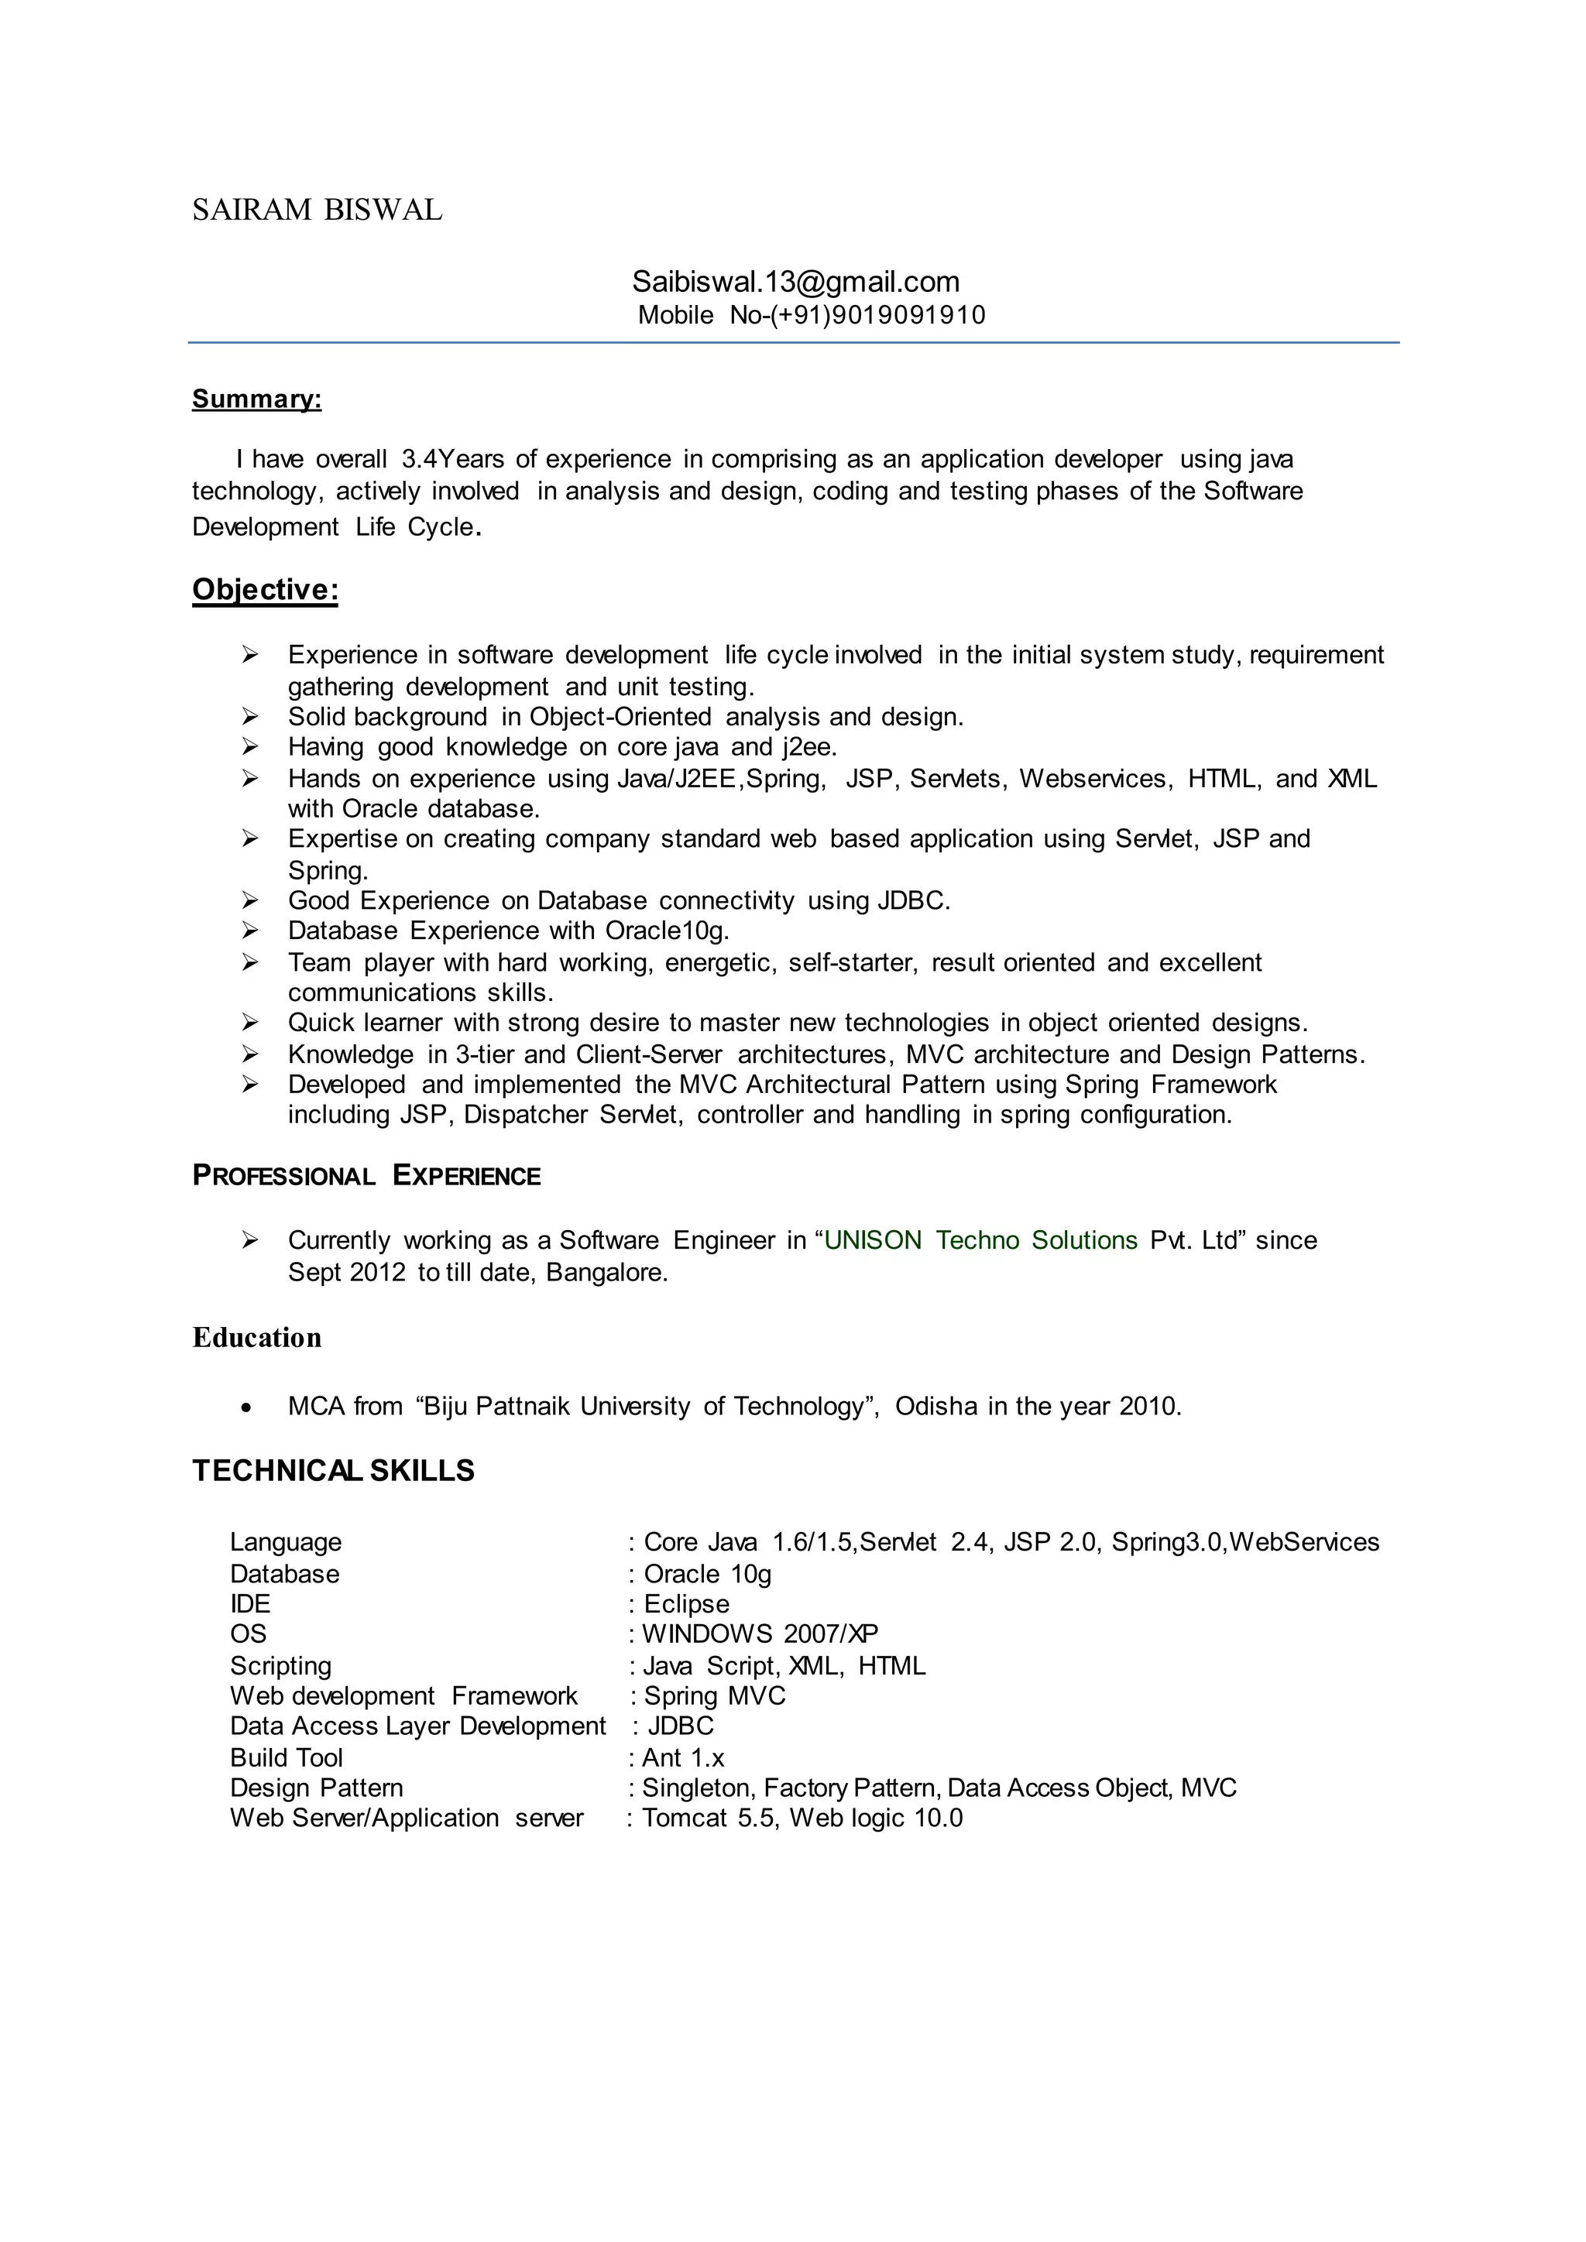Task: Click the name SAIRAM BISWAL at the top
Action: click(317, 210)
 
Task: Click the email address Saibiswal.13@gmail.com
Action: click(795, 283)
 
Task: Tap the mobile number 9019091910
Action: click(908, 315)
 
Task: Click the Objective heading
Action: click(265, 590)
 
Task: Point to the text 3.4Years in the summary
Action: click(452, 459)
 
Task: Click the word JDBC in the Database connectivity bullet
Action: click(912, 900)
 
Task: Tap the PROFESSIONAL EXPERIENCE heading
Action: click(366, 1176)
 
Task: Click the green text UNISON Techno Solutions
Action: click(980, 1240)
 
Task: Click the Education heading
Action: click(257, 1338)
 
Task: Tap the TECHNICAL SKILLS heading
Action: click(333, 1471)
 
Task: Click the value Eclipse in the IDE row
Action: click(687, 1603)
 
